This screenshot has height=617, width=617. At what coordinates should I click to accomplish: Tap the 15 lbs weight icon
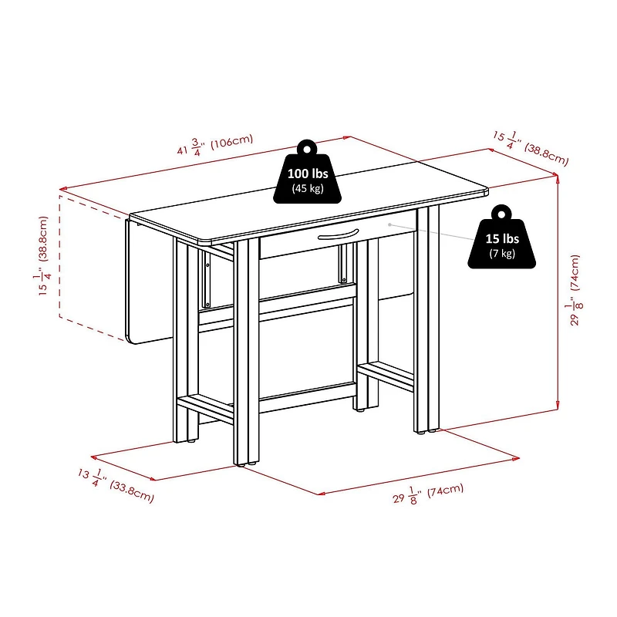tap(501, 241)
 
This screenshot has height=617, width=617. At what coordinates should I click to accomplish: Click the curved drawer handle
tap(339, 234)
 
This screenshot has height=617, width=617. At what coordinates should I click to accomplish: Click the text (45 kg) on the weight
tap(306, 188)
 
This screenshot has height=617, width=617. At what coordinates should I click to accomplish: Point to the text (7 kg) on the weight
tap(501, 254)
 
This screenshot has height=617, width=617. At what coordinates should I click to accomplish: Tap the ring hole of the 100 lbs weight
tap(306, 146)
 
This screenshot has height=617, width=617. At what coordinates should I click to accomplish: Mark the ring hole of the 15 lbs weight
tap(502, 211)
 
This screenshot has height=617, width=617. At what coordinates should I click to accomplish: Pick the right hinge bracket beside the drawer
tap(340, 265)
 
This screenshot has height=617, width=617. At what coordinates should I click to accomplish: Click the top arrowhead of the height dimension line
tap(557, 177)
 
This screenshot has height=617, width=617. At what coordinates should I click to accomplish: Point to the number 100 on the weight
tap(297, 174)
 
